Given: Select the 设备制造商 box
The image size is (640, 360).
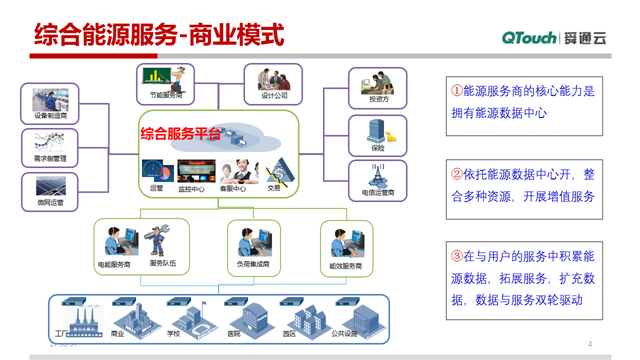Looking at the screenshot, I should coord(50,104).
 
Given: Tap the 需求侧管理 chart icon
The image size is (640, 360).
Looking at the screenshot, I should coord(49,144).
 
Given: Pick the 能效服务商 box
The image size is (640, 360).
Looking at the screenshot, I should coord(346,246).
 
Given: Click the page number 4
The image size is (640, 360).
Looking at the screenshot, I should coord(591,343).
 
